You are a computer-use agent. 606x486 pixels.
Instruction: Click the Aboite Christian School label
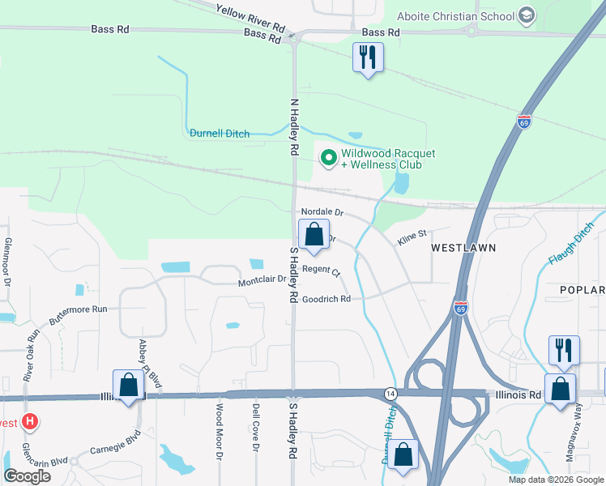point(455,16)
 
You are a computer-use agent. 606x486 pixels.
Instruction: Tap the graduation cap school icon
point(527,15)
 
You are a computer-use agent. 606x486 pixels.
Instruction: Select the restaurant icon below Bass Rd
point(369,58)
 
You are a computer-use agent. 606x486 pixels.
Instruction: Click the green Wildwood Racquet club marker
point(329,158)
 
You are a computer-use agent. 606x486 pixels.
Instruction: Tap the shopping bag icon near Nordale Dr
point(314,236)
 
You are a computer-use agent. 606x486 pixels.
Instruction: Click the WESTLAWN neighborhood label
point(462,246)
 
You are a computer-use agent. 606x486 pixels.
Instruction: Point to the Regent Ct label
point(321,270)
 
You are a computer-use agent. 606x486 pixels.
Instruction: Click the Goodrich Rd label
point(326,299)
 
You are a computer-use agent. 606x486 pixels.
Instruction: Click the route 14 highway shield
point(390,393)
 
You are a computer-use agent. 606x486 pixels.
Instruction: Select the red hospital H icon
point(30,421)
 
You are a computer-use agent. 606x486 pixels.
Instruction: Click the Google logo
point(27,475)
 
